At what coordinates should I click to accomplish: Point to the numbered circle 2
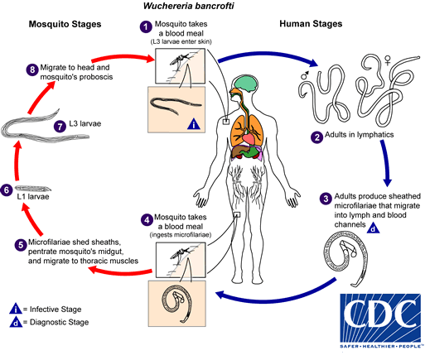[x=316, y=136]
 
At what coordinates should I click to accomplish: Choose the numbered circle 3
[x=326, y=199]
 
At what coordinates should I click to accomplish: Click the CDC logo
[x=370, y=318]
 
